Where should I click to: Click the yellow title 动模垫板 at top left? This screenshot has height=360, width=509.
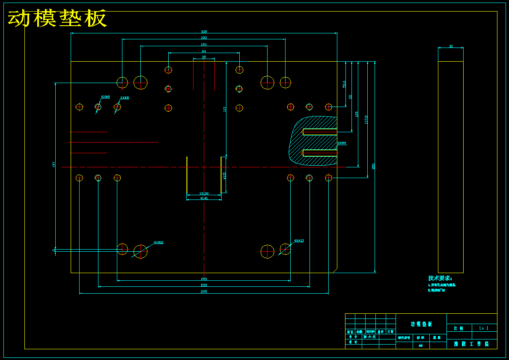point(57,19)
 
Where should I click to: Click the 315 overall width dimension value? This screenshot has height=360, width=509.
point(204,32)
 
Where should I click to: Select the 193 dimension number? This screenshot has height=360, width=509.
point(204,38)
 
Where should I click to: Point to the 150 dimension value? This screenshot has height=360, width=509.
point(204,45)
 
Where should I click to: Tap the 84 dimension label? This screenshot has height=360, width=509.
point(204,51)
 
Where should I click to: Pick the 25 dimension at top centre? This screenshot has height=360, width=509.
point(204,57)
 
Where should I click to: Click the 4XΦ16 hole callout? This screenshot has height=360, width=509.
point(158,242)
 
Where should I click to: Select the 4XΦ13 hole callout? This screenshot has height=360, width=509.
point(298,241)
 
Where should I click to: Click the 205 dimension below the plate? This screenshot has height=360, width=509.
point(204,279)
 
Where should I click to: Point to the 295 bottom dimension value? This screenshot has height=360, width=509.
point(204,292)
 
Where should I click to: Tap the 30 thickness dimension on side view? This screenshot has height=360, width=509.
point(451,46)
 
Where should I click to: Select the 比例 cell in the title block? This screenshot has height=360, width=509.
point(458,328)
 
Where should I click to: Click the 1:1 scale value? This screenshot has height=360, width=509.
point(484,328)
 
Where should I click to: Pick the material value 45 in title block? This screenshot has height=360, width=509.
point(421,345)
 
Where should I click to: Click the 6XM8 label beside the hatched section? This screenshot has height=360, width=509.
point(342,143)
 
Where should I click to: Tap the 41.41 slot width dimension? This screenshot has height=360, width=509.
point(204,198)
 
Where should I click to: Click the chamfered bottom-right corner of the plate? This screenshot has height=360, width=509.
point(334,270)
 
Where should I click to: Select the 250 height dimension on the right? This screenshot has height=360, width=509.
point(373,166)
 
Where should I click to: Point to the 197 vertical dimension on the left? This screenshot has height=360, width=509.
point(54,164)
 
